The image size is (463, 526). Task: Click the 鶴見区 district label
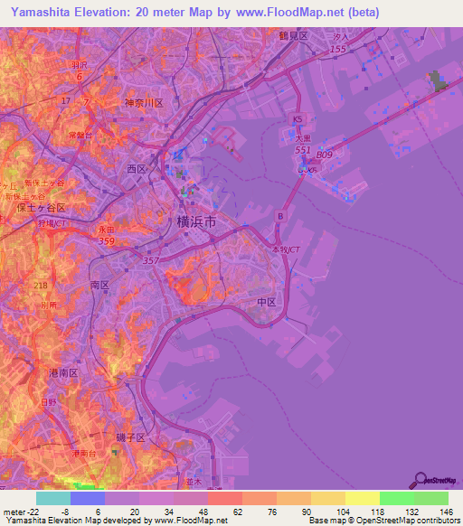point(292,35)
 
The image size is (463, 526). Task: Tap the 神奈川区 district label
point(143,103)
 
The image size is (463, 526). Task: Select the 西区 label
point(136,168)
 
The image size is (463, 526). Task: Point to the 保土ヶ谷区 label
point(42,207)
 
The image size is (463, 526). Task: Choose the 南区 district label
point(99,284)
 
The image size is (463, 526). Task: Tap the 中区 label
point(266,302)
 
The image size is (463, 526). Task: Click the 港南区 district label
point(63,371)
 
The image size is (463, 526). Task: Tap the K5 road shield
point(298,119)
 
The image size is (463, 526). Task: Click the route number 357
point(149,259)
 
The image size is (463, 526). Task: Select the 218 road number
point(41,286)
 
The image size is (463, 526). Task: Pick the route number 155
point(337,48)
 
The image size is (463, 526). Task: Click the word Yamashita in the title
point(38,13)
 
